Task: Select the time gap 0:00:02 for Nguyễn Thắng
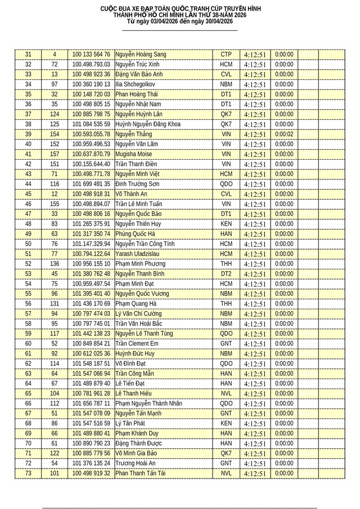[285, 134]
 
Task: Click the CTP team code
[226, 55]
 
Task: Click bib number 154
[54, 134]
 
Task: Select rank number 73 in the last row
[28, 474]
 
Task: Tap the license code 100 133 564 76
[91, 55]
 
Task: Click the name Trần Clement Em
[137, 344]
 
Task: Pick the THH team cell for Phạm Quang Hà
[226, 304]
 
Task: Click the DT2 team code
[226, 274]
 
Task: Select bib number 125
[54, 124]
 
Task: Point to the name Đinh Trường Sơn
[137, 184]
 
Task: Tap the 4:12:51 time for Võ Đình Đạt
[254, 364]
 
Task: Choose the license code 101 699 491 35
[91, 184]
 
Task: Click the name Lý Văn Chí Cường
[138, 314]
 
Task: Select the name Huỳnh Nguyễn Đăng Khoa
[147, 124]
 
